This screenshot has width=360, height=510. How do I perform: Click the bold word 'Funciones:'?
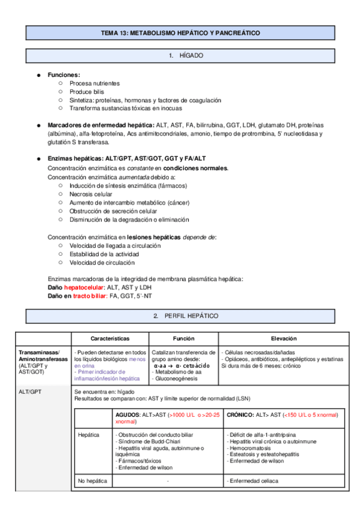(x=64, y=75)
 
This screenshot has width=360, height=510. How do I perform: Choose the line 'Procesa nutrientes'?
(x=94, y=83)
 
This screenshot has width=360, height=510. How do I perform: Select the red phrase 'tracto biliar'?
(x=90, y=296)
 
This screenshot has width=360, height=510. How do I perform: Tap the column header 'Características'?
(x=110, y=339)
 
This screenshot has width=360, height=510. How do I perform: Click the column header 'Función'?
(x=183, y=339)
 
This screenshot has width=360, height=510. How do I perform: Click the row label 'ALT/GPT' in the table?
(x=29, y=392)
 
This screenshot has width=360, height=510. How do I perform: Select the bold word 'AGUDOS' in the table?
(x=129, y=415)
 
